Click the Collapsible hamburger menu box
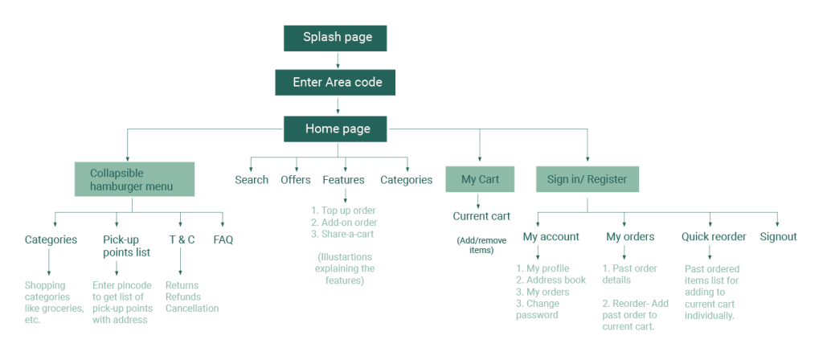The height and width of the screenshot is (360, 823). [134, 179]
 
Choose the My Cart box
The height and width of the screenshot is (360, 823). [480, 179]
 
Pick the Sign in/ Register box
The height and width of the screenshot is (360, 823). [587, 179]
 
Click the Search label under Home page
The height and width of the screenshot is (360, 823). [252, 180]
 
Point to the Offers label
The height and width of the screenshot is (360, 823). [296, 180]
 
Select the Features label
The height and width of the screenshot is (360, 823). [343, 180]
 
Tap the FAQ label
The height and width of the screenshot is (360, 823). [223, 239]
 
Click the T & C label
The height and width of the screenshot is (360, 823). [181, 239]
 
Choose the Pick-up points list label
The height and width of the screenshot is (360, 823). [121, 246]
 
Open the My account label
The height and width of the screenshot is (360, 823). [551, 237]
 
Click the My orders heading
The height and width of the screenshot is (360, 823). [630, 237]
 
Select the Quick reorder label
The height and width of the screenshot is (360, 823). [714, 237]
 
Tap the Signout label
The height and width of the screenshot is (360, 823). [778, 237]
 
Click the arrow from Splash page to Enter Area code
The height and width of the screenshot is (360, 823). [337, 61]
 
